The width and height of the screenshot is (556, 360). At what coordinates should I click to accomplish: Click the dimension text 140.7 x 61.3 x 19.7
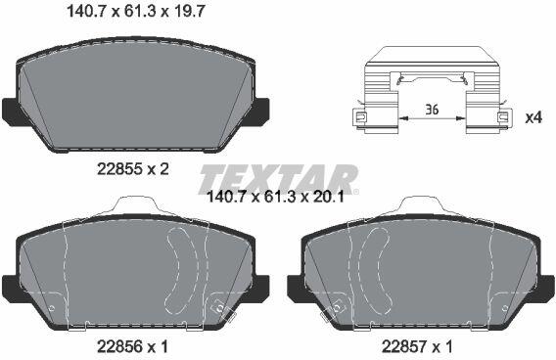point(136,12)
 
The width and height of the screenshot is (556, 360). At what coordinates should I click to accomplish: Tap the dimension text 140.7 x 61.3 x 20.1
point(275,197)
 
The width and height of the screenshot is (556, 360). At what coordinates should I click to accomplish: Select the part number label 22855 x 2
point(133,169)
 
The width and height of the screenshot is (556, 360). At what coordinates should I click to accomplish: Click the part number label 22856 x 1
point(132,346)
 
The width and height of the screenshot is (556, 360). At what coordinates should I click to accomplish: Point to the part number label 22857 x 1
point(417,346)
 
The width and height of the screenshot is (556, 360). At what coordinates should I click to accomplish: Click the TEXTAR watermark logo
point(278,179)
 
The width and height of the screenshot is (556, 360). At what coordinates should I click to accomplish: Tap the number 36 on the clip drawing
point(432,110)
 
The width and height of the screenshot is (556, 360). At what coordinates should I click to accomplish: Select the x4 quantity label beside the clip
point(533,117)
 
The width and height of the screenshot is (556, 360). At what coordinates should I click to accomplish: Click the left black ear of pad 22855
point(11,112)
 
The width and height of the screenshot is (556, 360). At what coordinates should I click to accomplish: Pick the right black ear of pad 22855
point(260,112)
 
